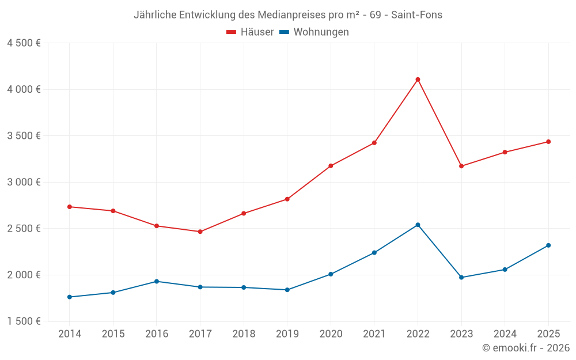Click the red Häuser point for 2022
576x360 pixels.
coord(418,79)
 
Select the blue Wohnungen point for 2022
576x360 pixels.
coord(418,225)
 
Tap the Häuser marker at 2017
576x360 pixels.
coord(200,232)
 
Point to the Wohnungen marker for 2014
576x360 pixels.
coord(70,297)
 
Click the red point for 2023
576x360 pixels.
coord(461,166)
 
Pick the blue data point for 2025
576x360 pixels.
coord(548,245)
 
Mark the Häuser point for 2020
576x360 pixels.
coord(331,166)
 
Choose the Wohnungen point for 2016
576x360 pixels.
coord(157,281)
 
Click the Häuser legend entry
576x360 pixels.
coord(250,32)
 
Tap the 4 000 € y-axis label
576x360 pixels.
coord(24,89)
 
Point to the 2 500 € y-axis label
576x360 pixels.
coord(24,229)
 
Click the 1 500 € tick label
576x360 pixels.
coord(24,321)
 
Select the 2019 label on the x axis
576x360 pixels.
coord(287,334)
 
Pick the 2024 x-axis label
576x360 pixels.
coord(505,334)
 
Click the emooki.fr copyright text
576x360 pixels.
coord(525,348)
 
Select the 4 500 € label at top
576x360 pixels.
coord(24,43)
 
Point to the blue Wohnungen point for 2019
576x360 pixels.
coord(287,290)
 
